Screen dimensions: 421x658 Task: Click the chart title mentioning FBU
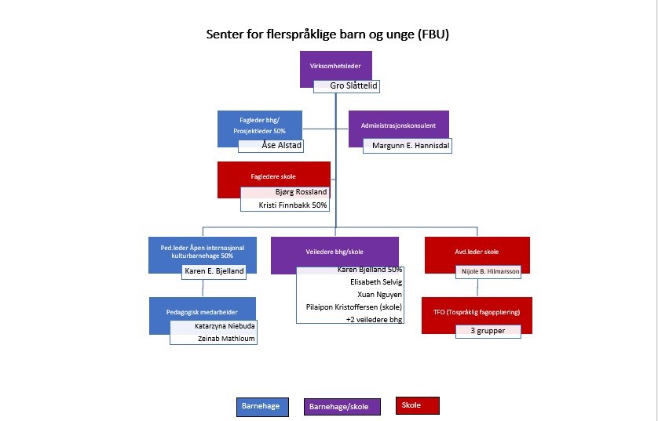(x=327, y=34)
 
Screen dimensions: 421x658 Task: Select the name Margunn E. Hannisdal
(x=413, y=145)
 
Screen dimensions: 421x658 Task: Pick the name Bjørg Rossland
(x=301, y=191)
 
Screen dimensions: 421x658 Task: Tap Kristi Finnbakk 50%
(x=292, y=205)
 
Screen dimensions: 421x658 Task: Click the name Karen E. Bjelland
(x=214, y=271)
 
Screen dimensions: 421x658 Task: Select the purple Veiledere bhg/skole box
(x=334, y=252)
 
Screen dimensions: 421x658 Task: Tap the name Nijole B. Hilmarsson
(x=490, y=271)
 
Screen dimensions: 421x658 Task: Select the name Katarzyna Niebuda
(x=225, y=325)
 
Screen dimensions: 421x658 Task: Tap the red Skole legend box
(x=418, y=405)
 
